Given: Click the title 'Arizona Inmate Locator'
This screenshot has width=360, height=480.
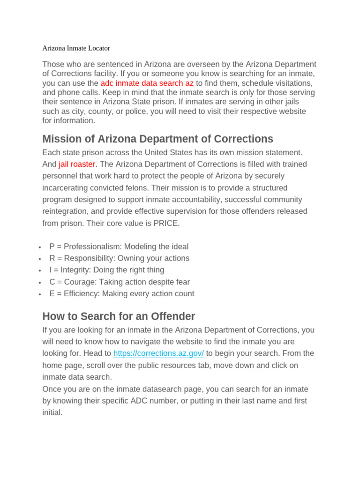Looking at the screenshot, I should coord(76,48).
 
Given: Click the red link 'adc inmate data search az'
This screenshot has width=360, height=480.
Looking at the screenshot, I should coord(147,83).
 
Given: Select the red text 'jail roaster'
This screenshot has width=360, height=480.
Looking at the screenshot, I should coord(77,164).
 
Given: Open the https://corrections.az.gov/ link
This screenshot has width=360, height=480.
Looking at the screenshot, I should coord(158,353).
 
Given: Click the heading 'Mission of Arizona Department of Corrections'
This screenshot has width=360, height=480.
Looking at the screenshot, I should coord(157,139).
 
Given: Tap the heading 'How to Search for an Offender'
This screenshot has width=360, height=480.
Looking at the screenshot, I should coord(119,316).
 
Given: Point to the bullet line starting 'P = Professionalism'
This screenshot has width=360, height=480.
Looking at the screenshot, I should coord(119,247).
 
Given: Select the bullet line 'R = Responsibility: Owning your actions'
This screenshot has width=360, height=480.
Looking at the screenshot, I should coord(119,258).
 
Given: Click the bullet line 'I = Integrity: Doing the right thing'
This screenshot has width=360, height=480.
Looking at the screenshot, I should coord(106,270).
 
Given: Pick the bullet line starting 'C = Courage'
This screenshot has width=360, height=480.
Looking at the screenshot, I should coord(119,282).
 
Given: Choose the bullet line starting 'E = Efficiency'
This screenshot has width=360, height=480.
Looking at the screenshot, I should coord(121,294).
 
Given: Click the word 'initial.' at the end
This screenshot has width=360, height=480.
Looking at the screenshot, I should coord(52,413).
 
